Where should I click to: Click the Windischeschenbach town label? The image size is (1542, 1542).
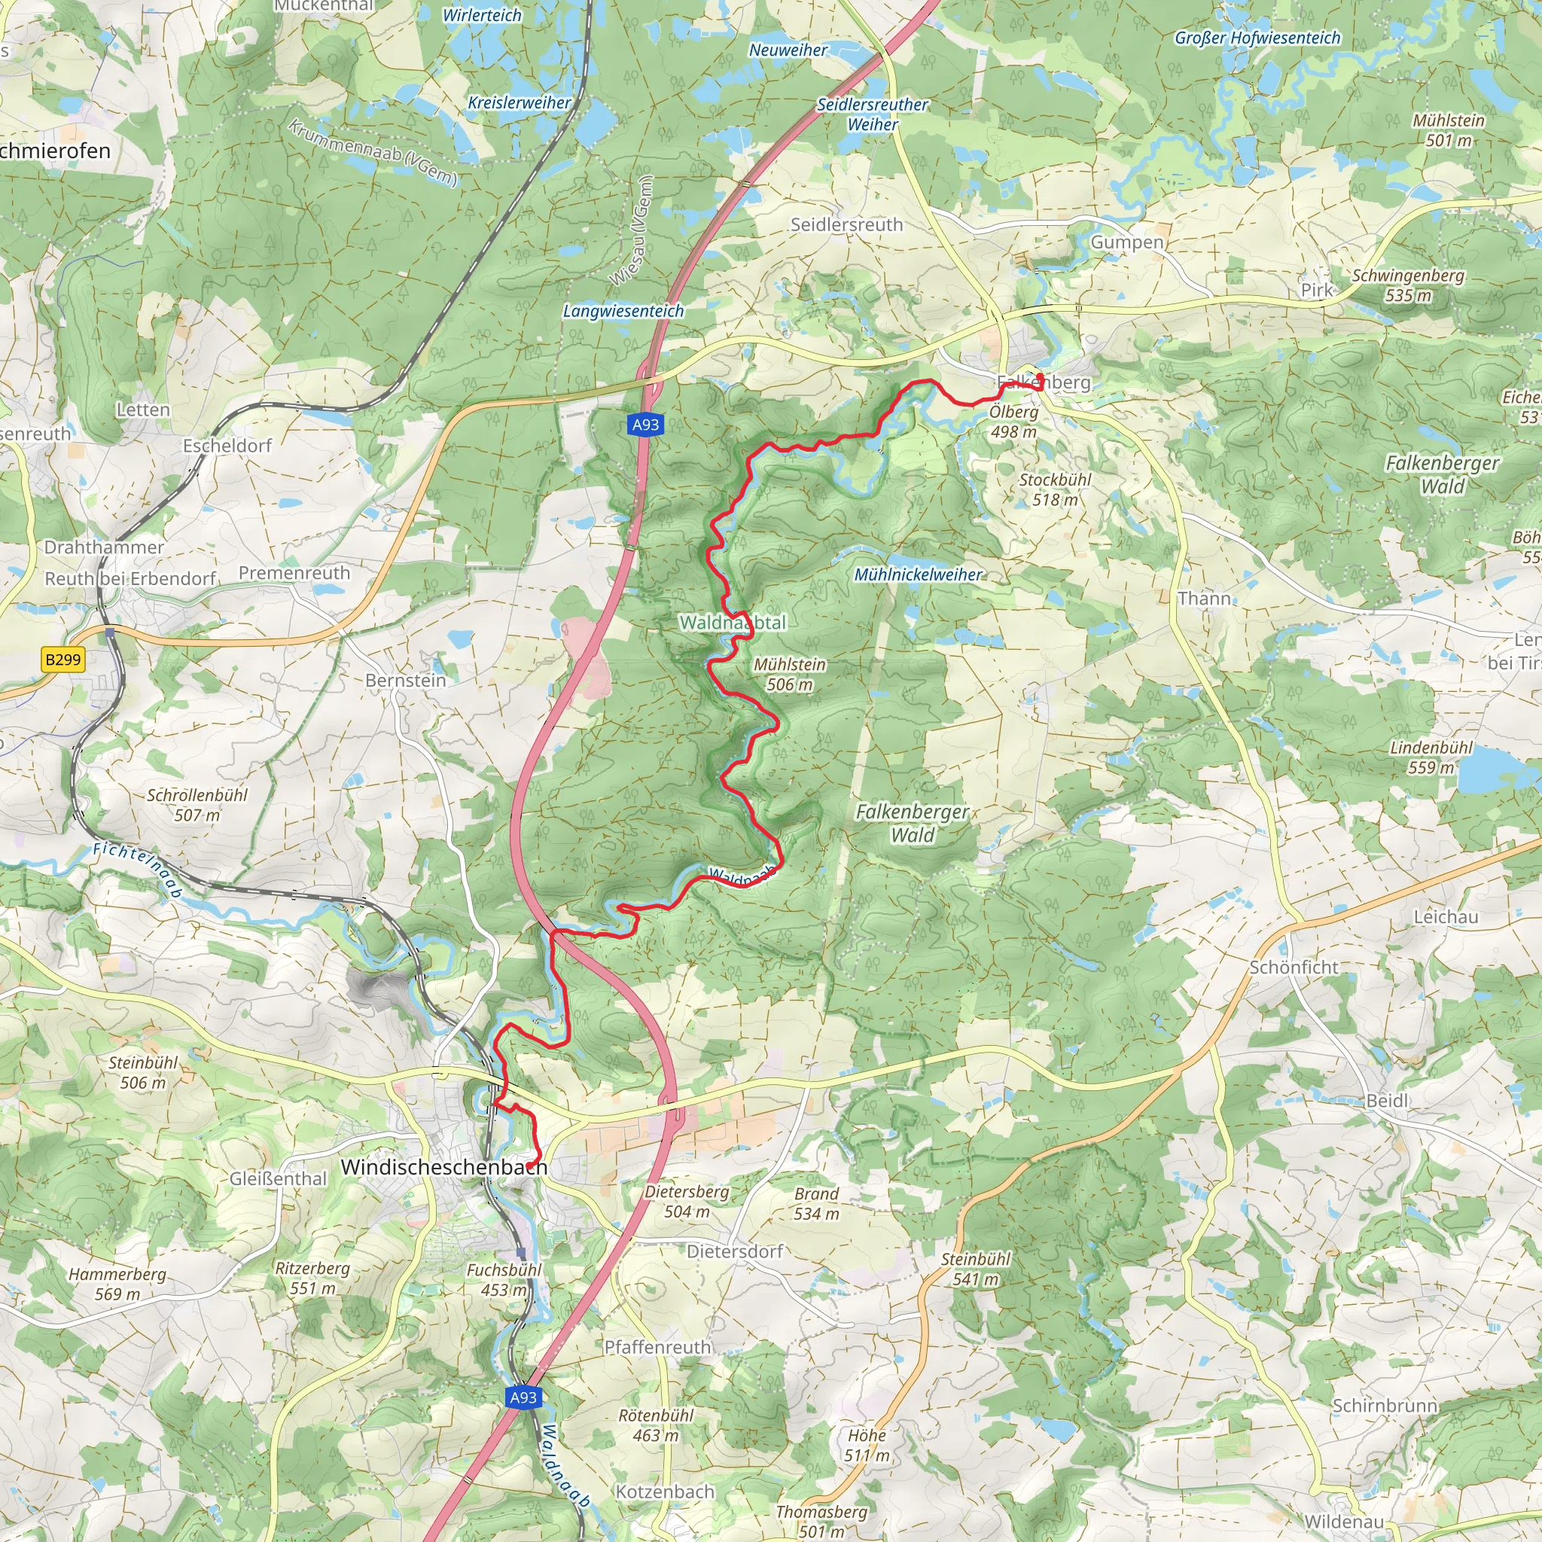coord(443,1167)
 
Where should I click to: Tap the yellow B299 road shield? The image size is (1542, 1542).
coord(63,660)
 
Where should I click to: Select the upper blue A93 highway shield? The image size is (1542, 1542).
coord(645,425)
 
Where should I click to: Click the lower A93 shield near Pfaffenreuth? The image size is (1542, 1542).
coord(523,1397)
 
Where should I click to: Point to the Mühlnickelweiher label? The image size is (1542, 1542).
coord(918,574)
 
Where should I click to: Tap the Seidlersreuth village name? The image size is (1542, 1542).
coord(846,225)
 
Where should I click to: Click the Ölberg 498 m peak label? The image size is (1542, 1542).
coord(1013,422)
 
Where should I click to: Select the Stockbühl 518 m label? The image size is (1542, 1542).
coord(1054,489)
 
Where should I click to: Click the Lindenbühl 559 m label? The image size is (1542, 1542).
coord(1431,757)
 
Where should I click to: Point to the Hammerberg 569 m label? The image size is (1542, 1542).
coord(117,1284)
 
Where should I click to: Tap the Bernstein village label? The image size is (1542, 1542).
coord(406,680)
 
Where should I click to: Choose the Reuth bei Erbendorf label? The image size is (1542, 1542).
coord(130,579)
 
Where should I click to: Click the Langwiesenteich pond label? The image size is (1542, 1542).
coord(623,311)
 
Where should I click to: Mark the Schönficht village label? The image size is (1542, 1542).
coord(1293,968)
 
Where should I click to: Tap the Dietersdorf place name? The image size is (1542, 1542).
coord(734,1251)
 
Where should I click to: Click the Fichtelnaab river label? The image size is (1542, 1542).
coord(137,870)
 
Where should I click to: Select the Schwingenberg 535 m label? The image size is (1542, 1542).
coord(1408,285)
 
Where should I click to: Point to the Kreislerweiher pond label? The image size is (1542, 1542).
coord(519,103)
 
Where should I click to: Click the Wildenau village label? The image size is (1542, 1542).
coord(1343,1521)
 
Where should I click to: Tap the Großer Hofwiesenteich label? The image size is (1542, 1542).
coord(1257,38)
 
